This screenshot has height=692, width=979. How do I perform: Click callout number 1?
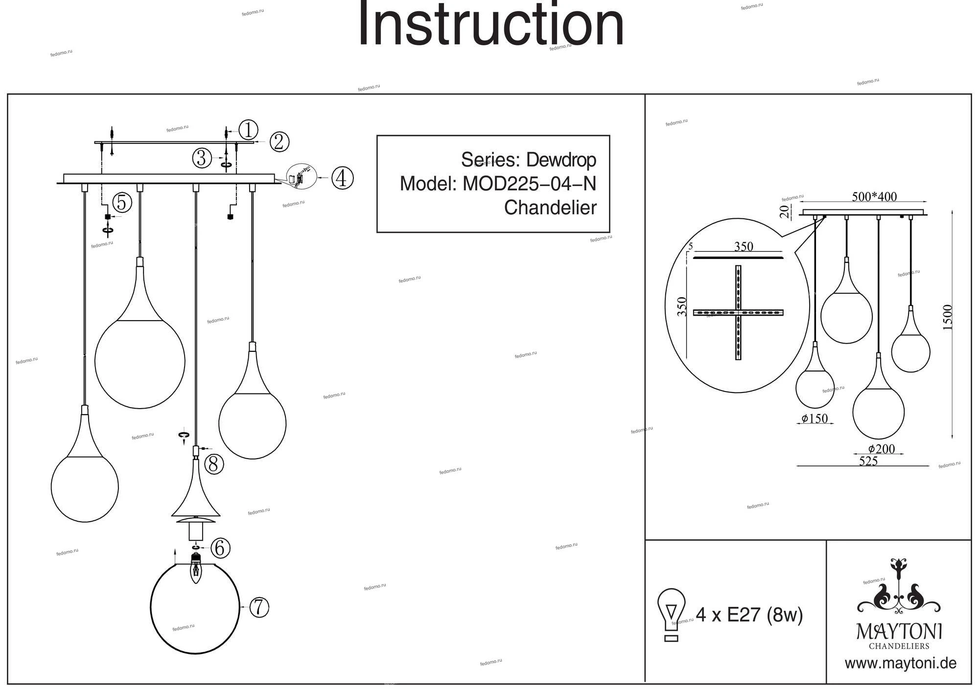248,130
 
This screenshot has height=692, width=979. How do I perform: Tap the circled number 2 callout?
279,142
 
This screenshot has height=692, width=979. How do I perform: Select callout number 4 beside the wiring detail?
342,178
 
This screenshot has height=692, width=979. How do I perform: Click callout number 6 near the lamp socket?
220,548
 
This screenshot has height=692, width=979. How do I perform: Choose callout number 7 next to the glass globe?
259,607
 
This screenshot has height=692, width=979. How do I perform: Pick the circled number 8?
213,464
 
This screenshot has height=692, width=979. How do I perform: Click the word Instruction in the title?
491,24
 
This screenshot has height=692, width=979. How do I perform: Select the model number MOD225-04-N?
529,184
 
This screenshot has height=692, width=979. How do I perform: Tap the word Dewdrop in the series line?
560,160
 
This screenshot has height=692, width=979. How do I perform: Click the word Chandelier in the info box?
550,208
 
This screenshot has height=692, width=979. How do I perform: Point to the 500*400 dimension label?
874,197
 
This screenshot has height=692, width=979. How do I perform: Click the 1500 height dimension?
948,317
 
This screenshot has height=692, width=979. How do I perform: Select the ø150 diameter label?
815,418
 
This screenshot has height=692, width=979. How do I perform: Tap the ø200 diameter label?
882,449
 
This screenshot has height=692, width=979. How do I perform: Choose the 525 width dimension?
868,461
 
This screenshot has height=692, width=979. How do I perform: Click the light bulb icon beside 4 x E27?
672,615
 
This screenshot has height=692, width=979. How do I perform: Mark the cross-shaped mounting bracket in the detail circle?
738,313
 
